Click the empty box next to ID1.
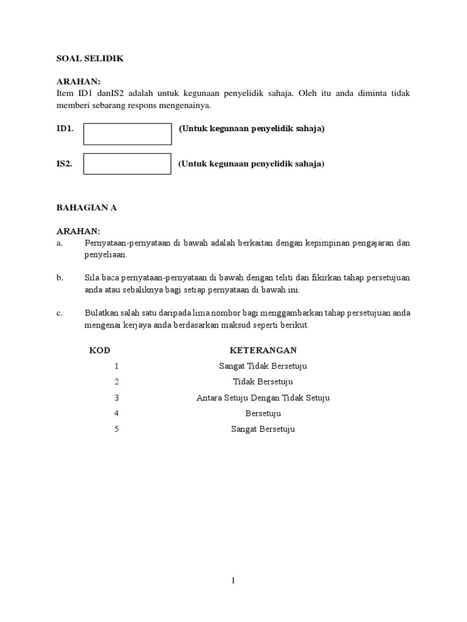(x=127, y=134)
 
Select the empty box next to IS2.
(x=127, y=164)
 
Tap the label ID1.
(x=65, y=129)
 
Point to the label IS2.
(x=64, y=164)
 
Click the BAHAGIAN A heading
(x=86, y=207)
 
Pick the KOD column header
(x=100, y=350)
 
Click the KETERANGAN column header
(x=263, y=350)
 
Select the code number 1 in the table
(x=116, y=366)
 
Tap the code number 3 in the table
(x=116, y=398)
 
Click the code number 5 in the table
(x=116, y=429)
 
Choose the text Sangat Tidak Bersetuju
(x=263, y=366)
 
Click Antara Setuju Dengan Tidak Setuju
(x=263, y=398)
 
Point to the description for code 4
(x=263, y=414)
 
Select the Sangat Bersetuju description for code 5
(x=263, y=429)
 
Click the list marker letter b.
(x=60, y=278)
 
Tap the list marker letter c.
(x=60, y=313)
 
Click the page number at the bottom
(x=233, y=581)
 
